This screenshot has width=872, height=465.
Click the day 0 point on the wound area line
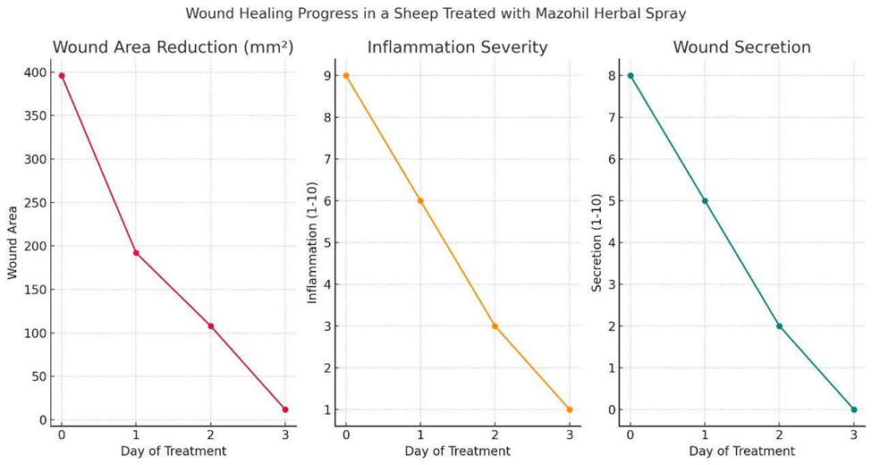click(x=62, y=76)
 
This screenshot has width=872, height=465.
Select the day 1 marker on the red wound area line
click(x=136, y=253)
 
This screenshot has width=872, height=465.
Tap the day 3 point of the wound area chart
click(x=285, y=410)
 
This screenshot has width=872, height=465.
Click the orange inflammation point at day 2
click(x=495, y=325)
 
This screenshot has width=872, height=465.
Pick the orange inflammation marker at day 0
click(x=346, y=76)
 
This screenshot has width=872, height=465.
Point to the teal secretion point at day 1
click(x=705, y=201)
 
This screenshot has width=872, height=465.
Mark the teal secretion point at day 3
click(x=854, y=410)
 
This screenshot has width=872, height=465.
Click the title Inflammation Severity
click(x=457, y=48)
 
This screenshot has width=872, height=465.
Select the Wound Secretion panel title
click(x=741, y=48)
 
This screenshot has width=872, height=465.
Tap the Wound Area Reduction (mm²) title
click(x=173, y=48)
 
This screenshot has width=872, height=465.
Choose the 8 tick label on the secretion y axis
click(x=613, y=76)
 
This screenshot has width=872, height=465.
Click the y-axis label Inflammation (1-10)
click(x=313, y=241)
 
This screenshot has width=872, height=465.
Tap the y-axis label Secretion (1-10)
click(x=597, y=241)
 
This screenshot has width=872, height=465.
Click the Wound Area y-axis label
click(x=13, y=242)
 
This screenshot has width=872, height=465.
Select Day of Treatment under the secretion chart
click(x=741, y=452)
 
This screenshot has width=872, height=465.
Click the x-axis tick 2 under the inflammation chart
click(x=495, y=435)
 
